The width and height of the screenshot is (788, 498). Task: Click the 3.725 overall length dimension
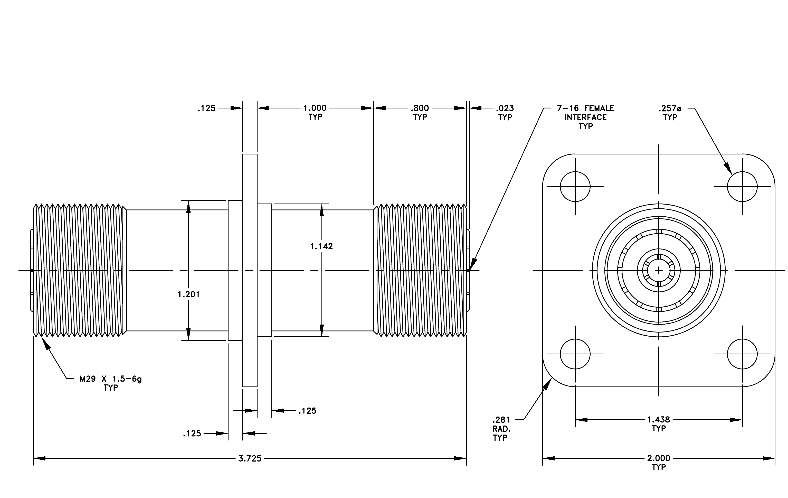tap(250, 458)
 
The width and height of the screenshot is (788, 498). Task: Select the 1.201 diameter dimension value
tap(188, 294)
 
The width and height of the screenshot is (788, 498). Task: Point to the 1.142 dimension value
tap(321, 246)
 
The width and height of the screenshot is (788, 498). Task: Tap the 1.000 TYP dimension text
tap(315, 112)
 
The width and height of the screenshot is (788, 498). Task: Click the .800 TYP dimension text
tap(420, 112)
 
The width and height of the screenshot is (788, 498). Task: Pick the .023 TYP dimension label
tap(505, 112)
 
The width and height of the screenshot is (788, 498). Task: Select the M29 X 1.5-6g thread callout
tap(111, 383)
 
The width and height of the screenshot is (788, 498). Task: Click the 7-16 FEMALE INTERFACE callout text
tap(585, 117)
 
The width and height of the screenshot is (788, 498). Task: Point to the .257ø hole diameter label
tap(670, 112)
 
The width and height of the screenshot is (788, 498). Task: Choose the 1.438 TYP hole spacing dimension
tap(659, 424)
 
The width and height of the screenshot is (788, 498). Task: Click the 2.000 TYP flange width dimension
tap(659, 462)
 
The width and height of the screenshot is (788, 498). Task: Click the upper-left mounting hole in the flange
tap(575, 187)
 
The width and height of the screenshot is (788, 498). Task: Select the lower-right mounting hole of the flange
tap(742, 354)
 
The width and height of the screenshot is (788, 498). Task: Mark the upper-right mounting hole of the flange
tap(742, 187)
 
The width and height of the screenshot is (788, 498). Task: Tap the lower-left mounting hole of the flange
tap(575, 354)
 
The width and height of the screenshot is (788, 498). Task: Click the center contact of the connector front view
tap(659, 270)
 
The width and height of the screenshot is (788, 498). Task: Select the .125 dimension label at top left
tap(206, 108)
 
